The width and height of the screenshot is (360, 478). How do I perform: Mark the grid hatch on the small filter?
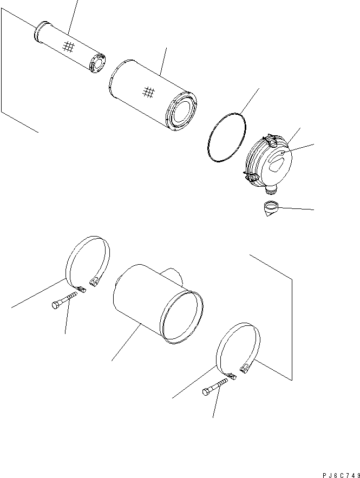[x=67, y=47]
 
